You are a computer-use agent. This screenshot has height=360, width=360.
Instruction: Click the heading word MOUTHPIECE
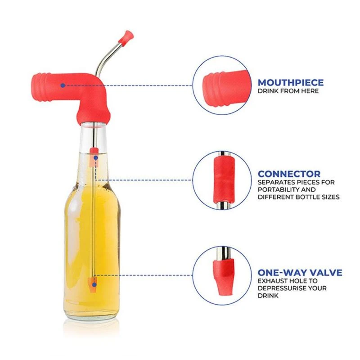(x=290, y=82)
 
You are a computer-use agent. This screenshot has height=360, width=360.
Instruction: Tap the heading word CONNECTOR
(x=289, y=174)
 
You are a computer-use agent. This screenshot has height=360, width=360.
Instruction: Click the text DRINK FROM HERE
(x=288, y=91)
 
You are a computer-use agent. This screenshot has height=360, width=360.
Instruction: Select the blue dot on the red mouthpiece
(x=63, y=85)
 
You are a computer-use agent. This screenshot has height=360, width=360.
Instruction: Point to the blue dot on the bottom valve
(x=94, y=285)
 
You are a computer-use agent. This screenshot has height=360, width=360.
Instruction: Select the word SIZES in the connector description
(x=329, y=197)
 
